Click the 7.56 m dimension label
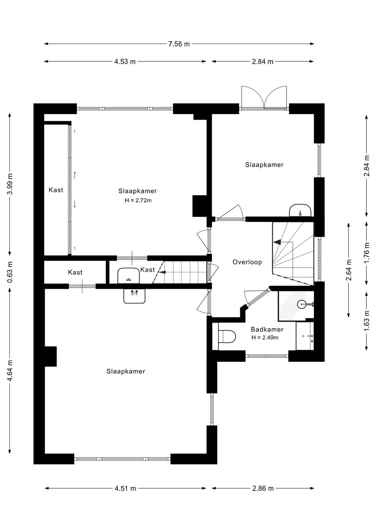click(179, 44)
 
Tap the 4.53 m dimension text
click(125, 62)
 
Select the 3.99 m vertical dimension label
click(10, 184)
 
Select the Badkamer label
click(267, 329)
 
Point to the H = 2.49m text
click(265, 337)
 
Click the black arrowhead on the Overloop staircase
click(277, 242)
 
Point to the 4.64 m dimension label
click(10, 371)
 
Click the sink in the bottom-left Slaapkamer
click(134, 296)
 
